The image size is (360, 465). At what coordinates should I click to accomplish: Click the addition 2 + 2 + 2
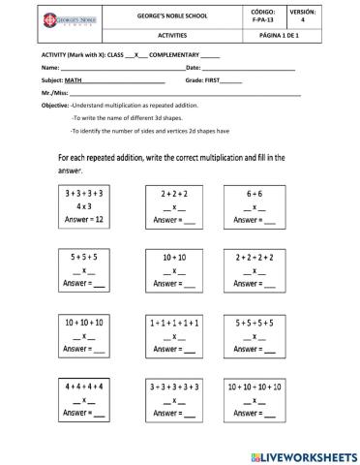click(174, 194)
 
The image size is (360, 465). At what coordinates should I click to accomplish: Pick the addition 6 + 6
click(259, 194)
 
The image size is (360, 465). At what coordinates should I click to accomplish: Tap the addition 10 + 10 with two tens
click(173, 258)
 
